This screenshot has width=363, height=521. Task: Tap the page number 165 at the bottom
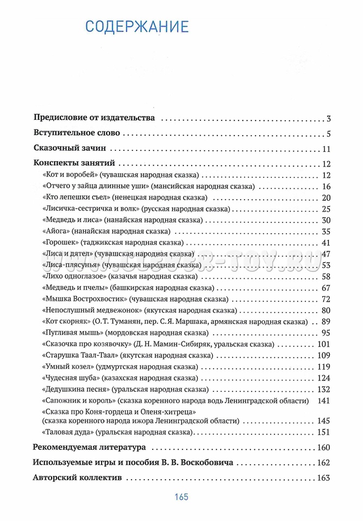pos(181,497)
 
